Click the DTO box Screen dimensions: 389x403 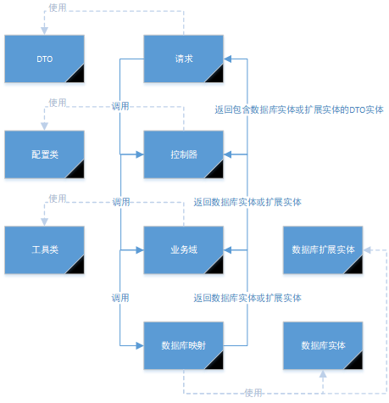pyautogui.click(x=44, y=59)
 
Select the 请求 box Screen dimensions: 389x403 pyautogui.click(x=184, y=59)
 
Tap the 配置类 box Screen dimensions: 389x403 pyautogui.click(x=44, y=154)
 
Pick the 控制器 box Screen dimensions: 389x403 pyautogui.click(x=184, y=154)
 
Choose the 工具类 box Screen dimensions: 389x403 pyautogui.click(x=44, y=250)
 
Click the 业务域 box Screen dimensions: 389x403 pyautogui.click(x=184, y=250)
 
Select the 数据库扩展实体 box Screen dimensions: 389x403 pyautogui.click(x=323, y=250)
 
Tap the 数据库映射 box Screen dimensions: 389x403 pyautogui.click(x=184, y=345)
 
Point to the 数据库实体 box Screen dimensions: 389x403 pyautogui.click(x=323, y=345)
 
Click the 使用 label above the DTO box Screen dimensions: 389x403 pyautogui.click(x=58, y=8)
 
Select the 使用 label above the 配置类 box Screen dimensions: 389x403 pyautogui.click(x=58, y=103)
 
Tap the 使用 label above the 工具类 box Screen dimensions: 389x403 pyautogui.click(x=58, y=199)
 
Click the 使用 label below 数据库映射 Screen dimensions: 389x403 pyautogui.click(x=253, y=393)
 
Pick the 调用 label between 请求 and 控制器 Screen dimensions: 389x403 pyautogui.click(x=120, y=106)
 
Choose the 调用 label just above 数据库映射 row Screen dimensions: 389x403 pyautogui.click(x=120, y=298)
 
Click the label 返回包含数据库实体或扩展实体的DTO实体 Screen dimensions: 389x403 pyautogui.click(x=299, y=109)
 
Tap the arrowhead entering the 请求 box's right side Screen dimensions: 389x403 pyautogui.click(x=227, y=59)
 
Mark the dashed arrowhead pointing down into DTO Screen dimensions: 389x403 pyautogui.click(x=44, y=31)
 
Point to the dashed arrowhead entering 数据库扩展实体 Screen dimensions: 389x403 pyautogui.click(x=367, y=250)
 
